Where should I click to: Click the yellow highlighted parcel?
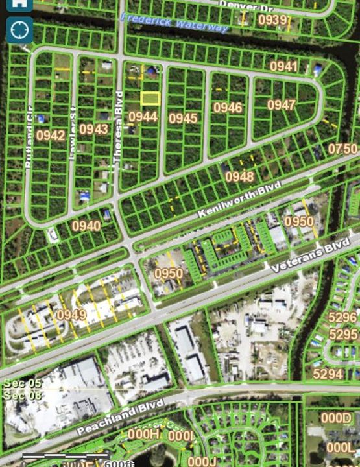(150, 98)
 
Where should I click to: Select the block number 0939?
(272, 20)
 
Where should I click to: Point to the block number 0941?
(283, 66)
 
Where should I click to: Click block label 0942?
(51, 136)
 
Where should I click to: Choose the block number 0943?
(94, 129)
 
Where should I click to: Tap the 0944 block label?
(143, 117)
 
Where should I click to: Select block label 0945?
(184, 118)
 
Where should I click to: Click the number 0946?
(228, 108)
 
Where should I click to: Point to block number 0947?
(282, 105)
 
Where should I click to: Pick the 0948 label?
(239, 176)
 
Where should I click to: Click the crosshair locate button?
(19, 29)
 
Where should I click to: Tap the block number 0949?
(71, 315)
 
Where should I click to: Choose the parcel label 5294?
(328, 374)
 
